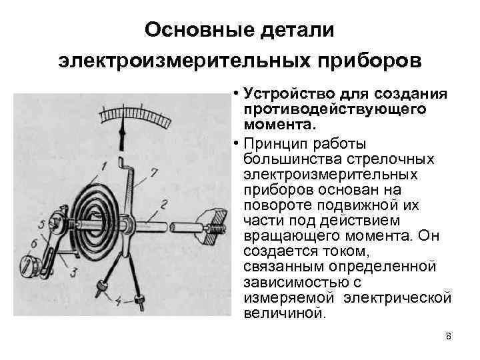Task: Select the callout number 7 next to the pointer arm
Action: coord(154,173)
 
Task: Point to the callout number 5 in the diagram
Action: coord(43,223)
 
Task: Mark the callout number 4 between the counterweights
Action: coord(118,301)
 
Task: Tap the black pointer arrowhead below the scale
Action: coord(123,137)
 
